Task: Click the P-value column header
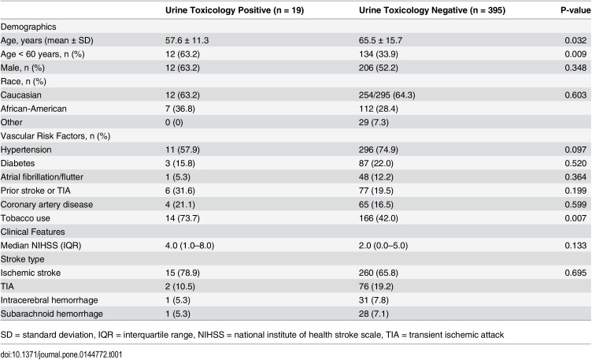(x=575, y=10)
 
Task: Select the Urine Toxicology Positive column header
(x=235, y=10)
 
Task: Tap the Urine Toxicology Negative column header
(x=432, y=10)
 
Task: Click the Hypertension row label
(x=26, y=150)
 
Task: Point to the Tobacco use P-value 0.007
(x=575, y=218)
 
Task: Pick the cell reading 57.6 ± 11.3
(x=187, y=40)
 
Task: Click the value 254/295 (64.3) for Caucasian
(x=387, y=95)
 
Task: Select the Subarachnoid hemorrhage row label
(x=52, y=314)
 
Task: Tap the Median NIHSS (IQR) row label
(x=41, y=246)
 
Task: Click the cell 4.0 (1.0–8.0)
(x=190, y=246)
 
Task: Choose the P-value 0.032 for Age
(x=575, y=40)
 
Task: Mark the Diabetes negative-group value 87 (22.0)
(x=376, y=163)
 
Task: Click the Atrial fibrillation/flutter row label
(x=42, y=176)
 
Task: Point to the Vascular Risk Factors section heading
(x=55, y=136)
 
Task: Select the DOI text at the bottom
(x=61, y=354)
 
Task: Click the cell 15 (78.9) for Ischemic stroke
(x=183, y=273)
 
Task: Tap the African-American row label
(x=34, y=109)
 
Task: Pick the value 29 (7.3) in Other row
(x=374, y=122)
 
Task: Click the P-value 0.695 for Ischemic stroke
(x=575, y=273)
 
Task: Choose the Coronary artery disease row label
(x=46, y=204)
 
